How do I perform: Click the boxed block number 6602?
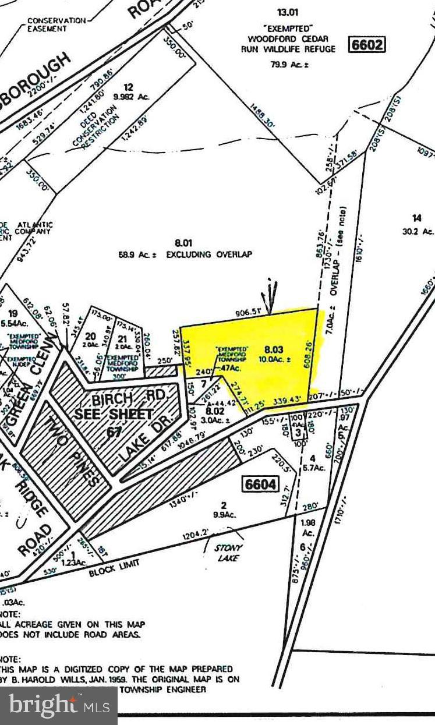(x=367, y=45)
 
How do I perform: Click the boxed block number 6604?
(x=260, y=484)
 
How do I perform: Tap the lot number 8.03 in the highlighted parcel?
(x=273, y=349)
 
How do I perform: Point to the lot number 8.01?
(x=183, y=242)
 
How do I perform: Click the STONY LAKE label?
(x=228, y=553)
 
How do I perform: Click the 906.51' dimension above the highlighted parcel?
(x=250, y=312)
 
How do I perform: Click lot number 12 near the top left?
(x=129, y=87)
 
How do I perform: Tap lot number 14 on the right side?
(x=416, y=218)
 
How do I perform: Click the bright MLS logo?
(x=59, y=706)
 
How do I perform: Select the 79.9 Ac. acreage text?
(x=289, y=64)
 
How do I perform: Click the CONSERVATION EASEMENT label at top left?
(x=56, y=24)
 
